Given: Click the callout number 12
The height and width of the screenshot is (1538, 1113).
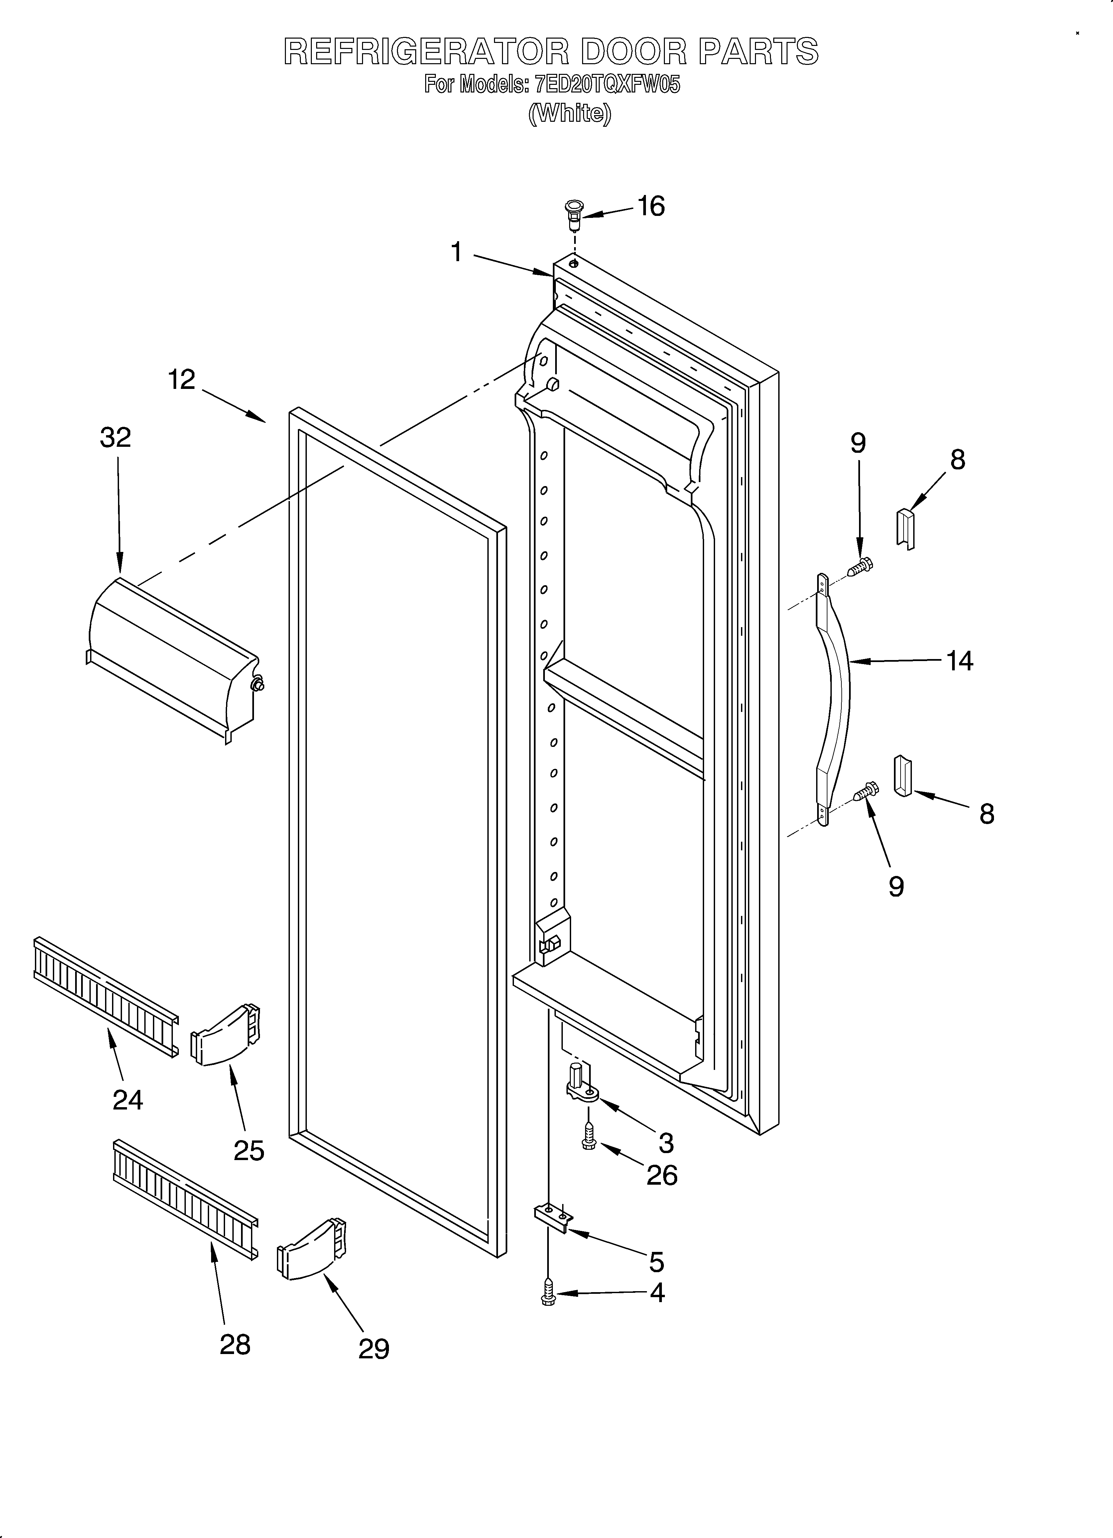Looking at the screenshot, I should (x=182, y=380).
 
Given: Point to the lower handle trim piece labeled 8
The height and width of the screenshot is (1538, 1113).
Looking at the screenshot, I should (x=904, y=775).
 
